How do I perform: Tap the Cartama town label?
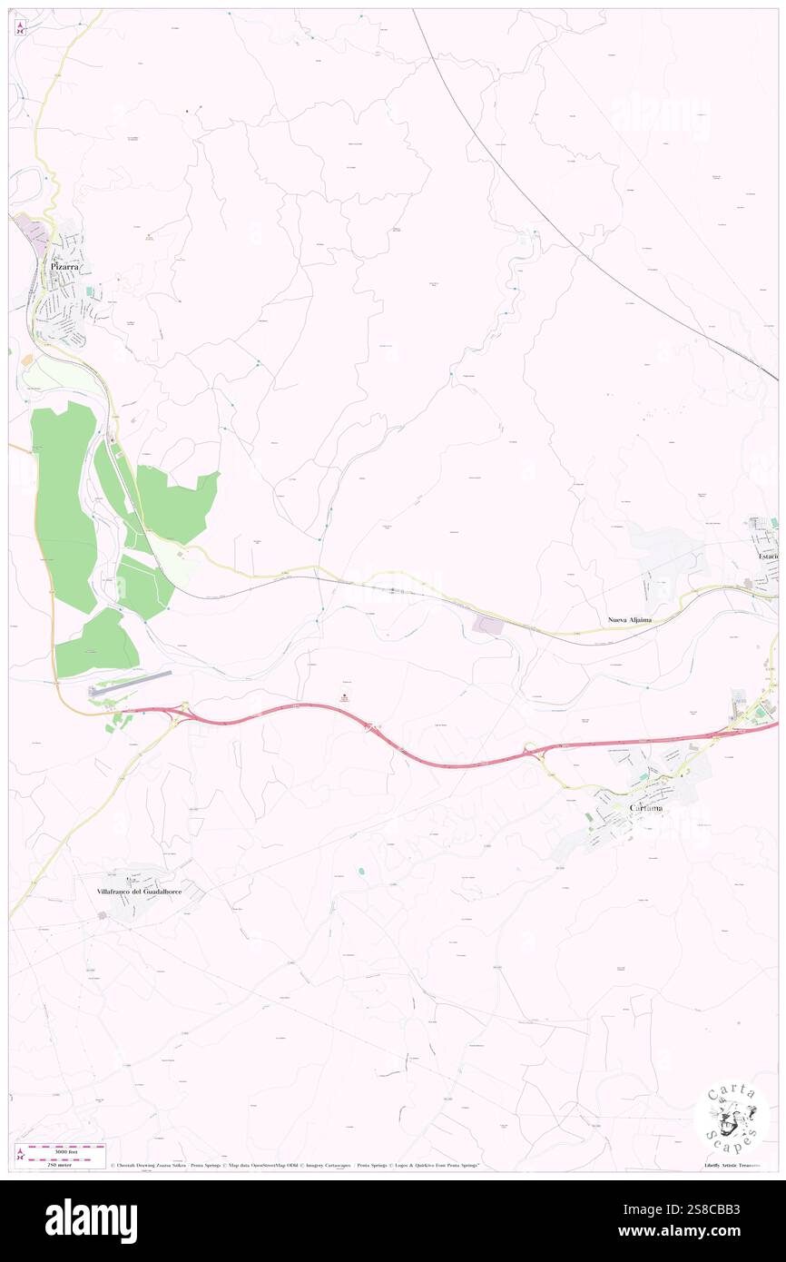pos(646,807)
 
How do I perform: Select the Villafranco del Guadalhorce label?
pos(140,892)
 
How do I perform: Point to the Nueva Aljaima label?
pos(630,619)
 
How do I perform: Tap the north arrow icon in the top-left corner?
pos(21,27)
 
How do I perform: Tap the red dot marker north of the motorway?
pos(344,696)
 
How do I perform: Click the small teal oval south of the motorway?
pos(361,871)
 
